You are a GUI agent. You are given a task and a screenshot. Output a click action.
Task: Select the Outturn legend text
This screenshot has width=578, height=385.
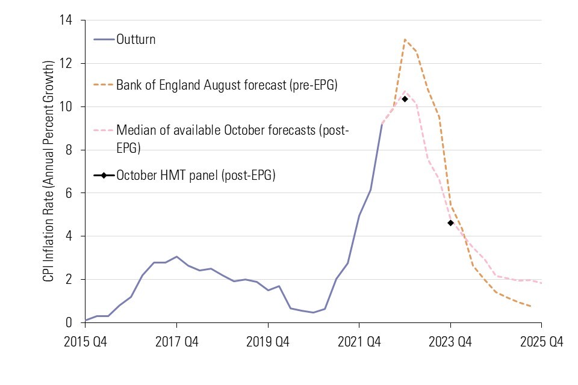coord(135,40)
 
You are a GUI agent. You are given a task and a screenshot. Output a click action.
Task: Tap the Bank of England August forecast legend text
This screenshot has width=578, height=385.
coord(226,85)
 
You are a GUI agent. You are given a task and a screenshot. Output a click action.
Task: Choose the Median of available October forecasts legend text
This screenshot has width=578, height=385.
coord(232,138)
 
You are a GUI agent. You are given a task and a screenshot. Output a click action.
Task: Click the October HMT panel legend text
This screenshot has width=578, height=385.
coord(196,176)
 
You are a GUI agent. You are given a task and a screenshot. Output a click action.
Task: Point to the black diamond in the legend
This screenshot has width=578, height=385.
coord(104,176)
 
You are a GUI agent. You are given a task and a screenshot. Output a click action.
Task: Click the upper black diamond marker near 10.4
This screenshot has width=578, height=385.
coord(405,99)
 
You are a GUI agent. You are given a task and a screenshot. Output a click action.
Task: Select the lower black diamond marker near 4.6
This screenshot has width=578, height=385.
coord(450,223)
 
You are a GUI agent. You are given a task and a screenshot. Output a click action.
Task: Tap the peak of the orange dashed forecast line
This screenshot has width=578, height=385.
coord(405,40)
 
